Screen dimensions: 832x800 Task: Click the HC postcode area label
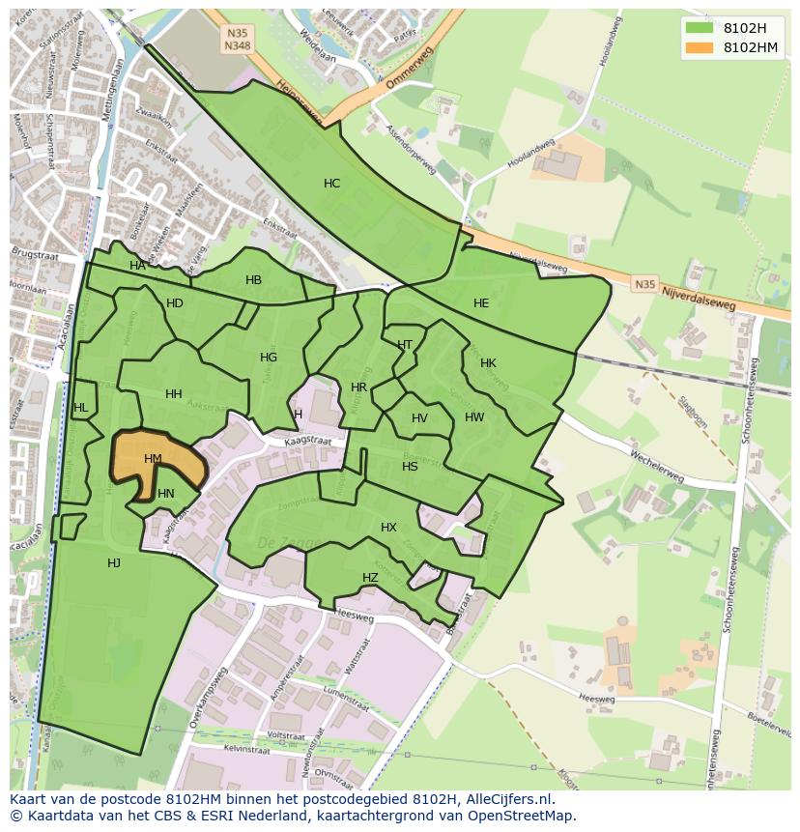coord(331,184)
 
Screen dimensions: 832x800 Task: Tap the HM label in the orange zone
coord(153,459)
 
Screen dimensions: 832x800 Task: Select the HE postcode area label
coord(481,303)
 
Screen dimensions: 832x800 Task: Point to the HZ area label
coord(370,578)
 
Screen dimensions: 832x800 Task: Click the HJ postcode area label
coord(114,563)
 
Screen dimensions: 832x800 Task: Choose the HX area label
coord(388,528)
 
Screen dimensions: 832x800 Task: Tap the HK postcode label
coord(488,363)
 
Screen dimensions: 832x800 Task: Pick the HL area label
coord(80,408)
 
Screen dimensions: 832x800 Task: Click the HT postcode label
coord(405,345)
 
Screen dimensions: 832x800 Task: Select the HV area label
coord(419,418)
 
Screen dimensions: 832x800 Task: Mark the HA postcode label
coord(137,266)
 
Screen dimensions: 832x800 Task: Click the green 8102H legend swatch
coord(700,28)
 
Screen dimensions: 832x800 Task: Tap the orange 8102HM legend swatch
coord(700,47)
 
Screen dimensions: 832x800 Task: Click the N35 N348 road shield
coord(237,40)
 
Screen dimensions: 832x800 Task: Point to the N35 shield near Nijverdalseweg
coord(643,284)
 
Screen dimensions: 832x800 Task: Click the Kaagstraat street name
coord(308,442)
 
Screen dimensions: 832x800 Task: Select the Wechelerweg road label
coord(656,465)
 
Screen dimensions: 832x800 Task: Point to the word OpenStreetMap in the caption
coord(520,816)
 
